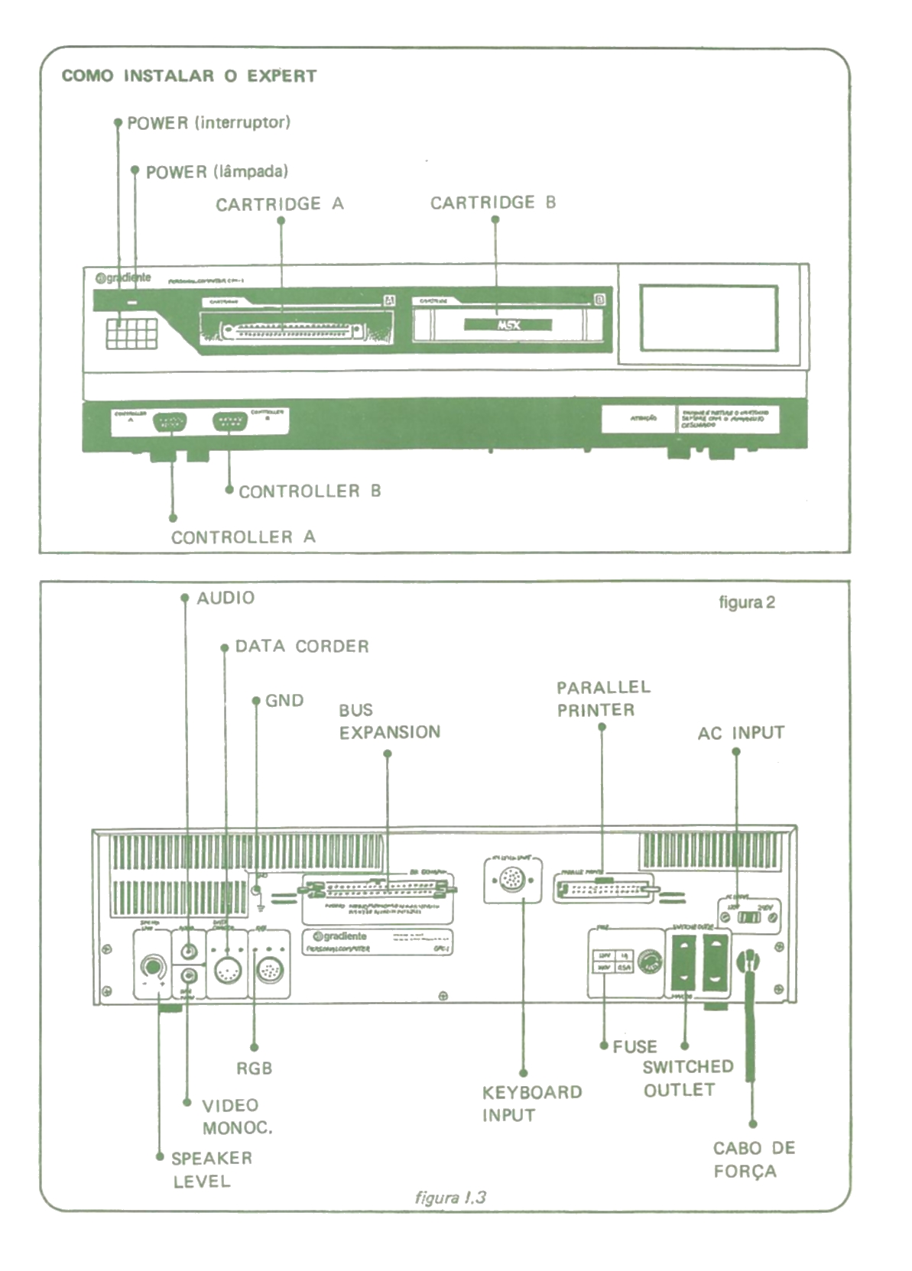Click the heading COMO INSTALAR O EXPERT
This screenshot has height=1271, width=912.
pyautogui.click(x=189, y=76)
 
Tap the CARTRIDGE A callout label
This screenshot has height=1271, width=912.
pyautogui.click(x=280, y=204)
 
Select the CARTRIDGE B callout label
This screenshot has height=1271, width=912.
pyautogui.click(x=493, y=203)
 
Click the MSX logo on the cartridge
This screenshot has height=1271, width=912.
pyautogui.click(x=508, y=325)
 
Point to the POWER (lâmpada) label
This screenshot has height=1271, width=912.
pyautogui.click(x=217, y=172)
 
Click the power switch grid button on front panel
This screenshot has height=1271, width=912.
pyautogui.click(x=131, y=333)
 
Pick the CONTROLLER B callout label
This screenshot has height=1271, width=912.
pyautogui.click(x=310, y=491)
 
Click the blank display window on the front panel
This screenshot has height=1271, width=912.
pyautogui.click(x=709, y=318)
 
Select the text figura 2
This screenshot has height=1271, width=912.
pyautogui.click(x=747, y=602)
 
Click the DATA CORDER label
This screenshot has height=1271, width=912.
pyautogui.click(x=302, y=647)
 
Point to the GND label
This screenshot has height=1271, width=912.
pyautogui.click(x=284, y=701)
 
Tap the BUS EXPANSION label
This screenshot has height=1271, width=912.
pyautogui.click(x=390, y=721)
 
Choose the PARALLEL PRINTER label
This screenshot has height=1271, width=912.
pyautogui.click(x=603, y=699)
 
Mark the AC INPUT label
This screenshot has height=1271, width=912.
pyautogui.click(x=741, y=733)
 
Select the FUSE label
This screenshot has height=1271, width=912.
pyautogui.click(x=635, y=1046)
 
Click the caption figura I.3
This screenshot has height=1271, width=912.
pyautogui.click(x=450, y=1198)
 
